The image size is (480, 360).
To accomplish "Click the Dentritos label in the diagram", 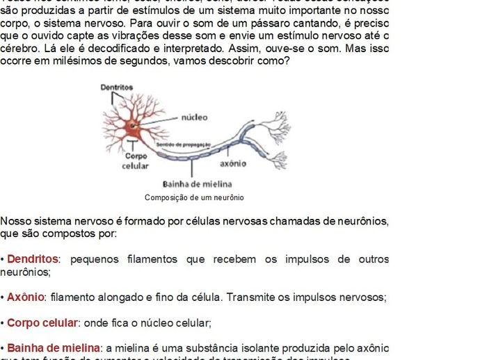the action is tap(116, 87).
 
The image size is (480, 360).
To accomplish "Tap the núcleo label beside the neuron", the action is tap(194, 117).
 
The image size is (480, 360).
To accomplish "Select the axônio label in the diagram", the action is tap(233, 164).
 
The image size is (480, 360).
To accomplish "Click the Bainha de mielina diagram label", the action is tap(193, 184).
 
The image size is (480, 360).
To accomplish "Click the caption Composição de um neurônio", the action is tap(194, 197).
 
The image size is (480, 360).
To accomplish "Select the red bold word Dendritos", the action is tap(33, 259).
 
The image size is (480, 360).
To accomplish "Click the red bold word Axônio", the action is tap(26, 297).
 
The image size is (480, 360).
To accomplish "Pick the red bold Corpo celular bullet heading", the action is tap(42, 323).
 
